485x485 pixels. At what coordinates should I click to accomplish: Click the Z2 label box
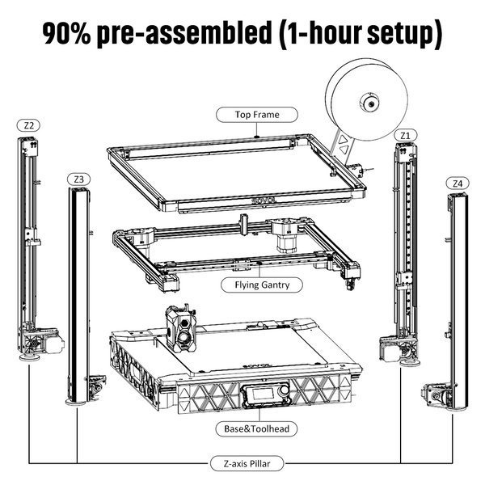[x=29, y=125]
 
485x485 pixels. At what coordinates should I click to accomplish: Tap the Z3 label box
[x=79, y=178]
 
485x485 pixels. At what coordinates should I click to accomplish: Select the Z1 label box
[x=405, y=133]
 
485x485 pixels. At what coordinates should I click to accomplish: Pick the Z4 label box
[x=458, y=183]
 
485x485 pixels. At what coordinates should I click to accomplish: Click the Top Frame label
[x=257, y=115]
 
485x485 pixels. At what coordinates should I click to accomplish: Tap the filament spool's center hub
[x=368, y=103]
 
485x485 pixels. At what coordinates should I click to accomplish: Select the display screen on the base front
[x=256, y=398]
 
